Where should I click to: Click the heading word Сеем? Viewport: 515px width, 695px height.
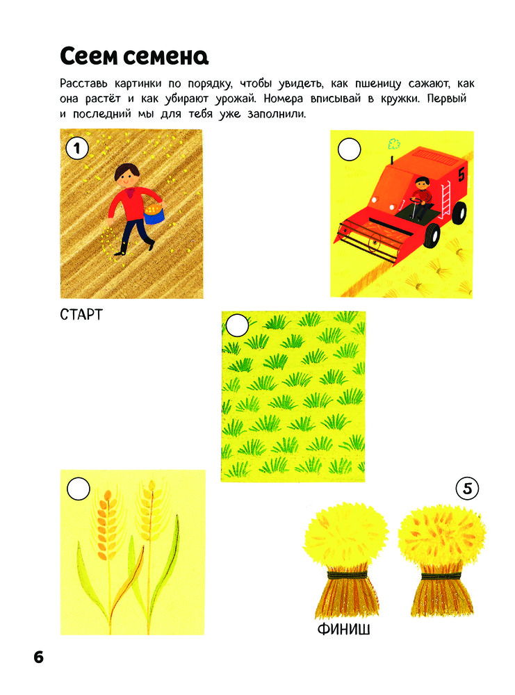(x=89, y=56)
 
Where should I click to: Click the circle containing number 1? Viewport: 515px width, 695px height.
(x=77, y=148)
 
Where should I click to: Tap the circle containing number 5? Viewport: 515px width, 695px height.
(x=467, y=489)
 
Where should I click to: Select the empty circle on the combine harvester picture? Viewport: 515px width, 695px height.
(x=350, y=149)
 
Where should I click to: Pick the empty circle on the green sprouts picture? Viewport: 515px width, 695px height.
(x=237, y=325)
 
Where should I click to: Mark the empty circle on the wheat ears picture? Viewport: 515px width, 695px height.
(x=79, y=489)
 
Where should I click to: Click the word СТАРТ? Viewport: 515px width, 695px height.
(x=81, y=315)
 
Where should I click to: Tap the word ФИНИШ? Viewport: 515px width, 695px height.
(x=343, y=630)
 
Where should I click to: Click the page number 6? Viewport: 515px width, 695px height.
(x=38, y=657)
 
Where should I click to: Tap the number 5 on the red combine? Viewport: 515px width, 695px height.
(x=461, y=174)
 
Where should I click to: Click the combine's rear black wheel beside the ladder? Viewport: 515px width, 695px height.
(x=459, y=212)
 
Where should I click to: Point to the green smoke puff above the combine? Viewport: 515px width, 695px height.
(x=394, y=144)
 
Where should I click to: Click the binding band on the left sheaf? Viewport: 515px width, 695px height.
(x=348, y=575)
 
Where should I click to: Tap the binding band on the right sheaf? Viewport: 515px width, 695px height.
(x=441, y=575)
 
